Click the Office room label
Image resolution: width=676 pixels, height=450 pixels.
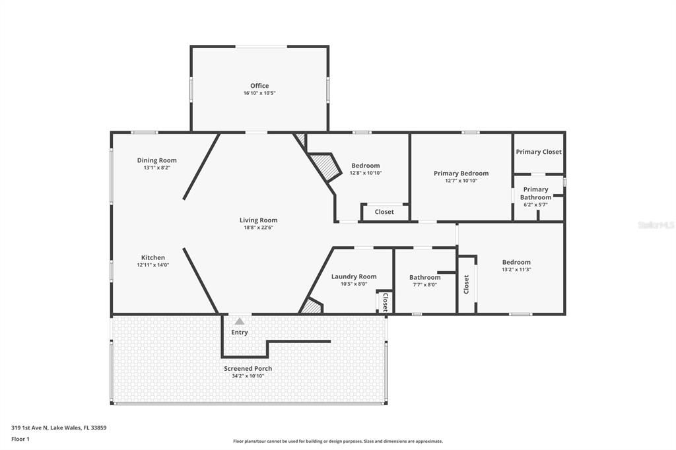[259, 86]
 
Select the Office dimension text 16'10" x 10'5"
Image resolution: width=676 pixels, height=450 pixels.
[259, 94]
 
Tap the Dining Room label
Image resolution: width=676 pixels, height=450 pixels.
[157, 160]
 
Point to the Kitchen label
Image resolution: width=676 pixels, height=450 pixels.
[153, 257]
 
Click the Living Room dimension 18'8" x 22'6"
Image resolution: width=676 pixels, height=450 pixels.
[258, 228]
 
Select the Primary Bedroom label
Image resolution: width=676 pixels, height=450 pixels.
[461, 174]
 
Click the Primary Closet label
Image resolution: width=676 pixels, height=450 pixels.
[539, 152]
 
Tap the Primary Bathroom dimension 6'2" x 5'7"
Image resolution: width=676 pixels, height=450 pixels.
[535, 205]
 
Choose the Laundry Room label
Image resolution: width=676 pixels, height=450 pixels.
[354, 276]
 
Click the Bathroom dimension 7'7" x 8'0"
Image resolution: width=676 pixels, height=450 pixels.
[424, 284]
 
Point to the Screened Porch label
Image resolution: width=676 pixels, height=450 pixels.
[248, 368]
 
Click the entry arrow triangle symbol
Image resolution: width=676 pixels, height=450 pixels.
[240, 321]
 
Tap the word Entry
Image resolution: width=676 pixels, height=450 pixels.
[240, 332]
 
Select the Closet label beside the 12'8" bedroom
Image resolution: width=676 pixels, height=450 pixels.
[384, 212]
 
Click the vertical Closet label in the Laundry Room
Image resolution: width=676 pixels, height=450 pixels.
[385, 301]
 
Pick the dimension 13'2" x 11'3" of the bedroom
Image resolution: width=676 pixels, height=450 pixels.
[516, 269]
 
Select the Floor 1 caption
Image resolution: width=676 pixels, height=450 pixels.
[20, 439]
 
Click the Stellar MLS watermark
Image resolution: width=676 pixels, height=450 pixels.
[656, 225]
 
